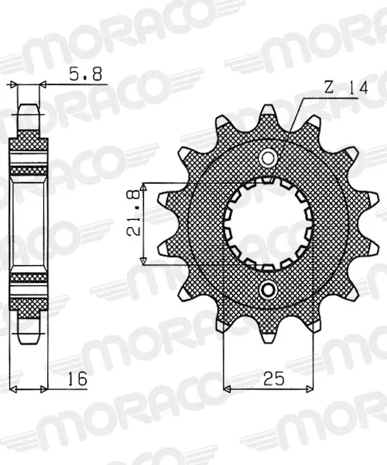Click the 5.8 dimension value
85,74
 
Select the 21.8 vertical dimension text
133,213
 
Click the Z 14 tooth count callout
346,88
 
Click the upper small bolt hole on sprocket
268,157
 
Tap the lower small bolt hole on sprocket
268,290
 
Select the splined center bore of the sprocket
268,224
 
